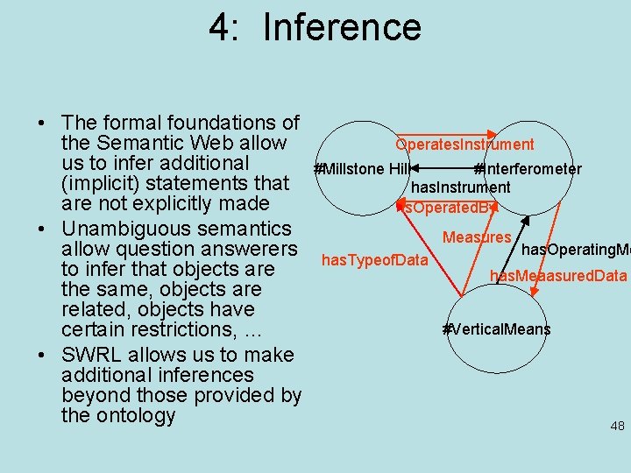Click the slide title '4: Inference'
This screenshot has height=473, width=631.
coord(315,27)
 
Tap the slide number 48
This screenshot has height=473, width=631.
coord(617,426)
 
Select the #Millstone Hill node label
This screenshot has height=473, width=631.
coord(362,169)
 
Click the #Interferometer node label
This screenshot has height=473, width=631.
coord(528,169)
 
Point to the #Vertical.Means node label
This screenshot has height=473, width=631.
coord(497,329)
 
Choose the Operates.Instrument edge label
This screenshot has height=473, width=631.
coord(464,145)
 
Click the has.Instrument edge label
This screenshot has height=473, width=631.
coord(461,187)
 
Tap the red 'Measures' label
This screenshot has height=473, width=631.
coord(477,237)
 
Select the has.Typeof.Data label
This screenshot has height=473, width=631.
coord(375,259)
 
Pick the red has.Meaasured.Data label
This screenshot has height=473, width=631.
coord(558,276)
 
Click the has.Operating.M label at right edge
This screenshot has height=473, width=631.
coord(575,251)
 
